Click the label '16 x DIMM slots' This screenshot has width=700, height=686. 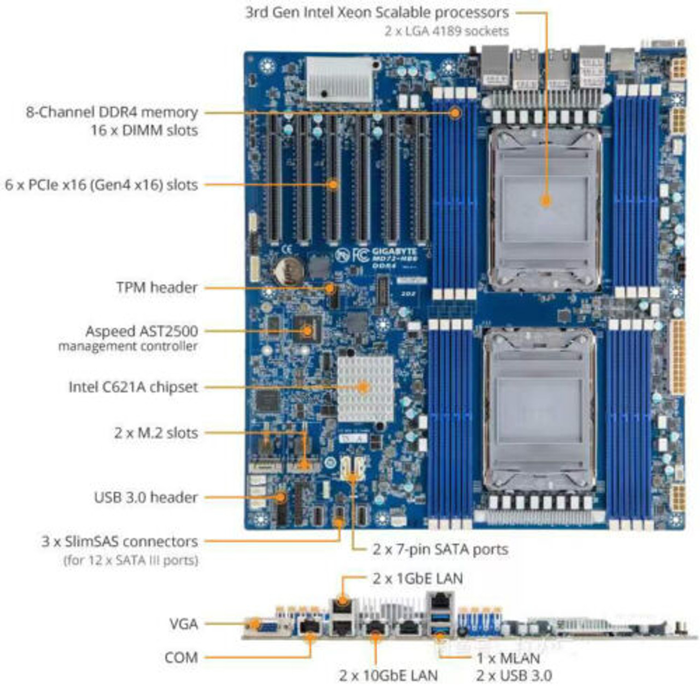click(144, 130)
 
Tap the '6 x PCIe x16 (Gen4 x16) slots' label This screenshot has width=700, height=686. click(101, 185)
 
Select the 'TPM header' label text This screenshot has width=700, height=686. click(156, 287)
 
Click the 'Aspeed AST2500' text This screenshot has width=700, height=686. click(141, 331)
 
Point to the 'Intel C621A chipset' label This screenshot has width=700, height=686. click(133, 387)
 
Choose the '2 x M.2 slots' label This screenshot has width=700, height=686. click(156, 433)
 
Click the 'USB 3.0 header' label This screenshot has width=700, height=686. click(145, 497)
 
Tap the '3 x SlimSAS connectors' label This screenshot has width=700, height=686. click(120, 542)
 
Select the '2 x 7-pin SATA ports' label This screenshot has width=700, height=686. click(440, 549)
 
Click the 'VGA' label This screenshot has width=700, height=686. click(183, 624)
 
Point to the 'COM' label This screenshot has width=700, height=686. click(181, 657)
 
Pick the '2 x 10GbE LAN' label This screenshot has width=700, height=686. click(388, 676)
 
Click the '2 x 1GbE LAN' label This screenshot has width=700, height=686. click(418, 578)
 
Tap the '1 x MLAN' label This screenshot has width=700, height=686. click(508, 659)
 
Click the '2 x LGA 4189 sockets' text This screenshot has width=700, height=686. click(446, 31)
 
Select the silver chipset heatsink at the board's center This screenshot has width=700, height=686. click(365, 388)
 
